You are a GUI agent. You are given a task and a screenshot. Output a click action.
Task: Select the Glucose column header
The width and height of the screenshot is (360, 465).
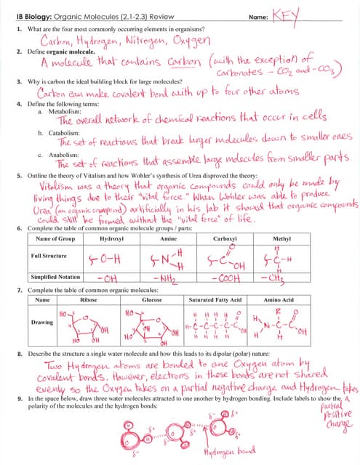[x=152, y=299]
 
